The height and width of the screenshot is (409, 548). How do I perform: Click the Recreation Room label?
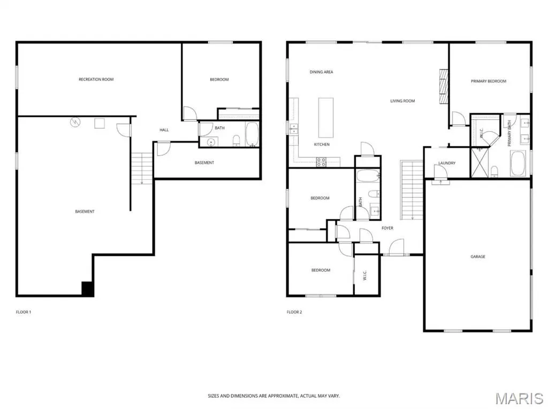(x=96, y=79)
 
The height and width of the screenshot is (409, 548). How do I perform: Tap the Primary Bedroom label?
(x=488, y=81)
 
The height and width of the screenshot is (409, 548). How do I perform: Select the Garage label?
(x=478, y=256)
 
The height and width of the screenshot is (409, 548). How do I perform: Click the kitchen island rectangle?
(x=326, y=118)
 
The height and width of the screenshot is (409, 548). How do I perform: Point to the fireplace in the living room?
(x=444, y=86)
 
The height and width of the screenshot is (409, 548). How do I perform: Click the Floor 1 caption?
(x=24, y=312)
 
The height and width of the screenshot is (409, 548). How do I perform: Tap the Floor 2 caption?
(x=294, y=312)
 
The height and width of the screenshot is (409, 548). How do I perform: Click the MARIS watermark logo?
(x=519, y=398)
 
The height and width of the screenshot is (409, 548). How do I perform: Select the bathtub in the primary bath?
(x=517, y=163)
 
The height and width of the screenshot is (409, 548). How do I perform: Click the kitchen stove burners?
(x=321, y=162)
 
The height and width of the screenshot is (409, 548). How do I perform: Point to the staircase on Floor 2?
(x=412, y=190)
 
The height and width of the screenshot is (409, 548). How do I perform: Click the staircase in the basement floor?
(x=142, y=169)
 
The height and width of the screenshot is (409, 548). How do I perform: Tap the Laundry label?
(x=447, y=163)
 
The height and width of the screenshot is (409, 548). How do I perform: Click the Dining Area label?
(x=321, y=72)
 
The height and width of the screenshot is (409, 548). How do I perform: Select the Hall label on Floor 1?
(x=164, y=130)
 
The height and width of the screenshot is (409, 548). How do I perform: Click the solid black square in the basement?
(x=87, y=289)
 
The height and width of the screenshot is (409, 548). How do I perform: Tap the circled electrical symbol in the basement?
(x=75, y=122)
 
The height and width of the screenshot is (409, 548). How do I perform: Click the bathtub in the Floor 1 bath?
(x=252, y=134)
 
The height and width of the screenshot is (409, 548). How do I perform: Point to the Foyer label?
(x=387, y=228)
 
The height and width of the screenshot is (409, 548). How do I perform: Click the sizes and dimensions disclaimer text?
(x=273, y=396)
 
